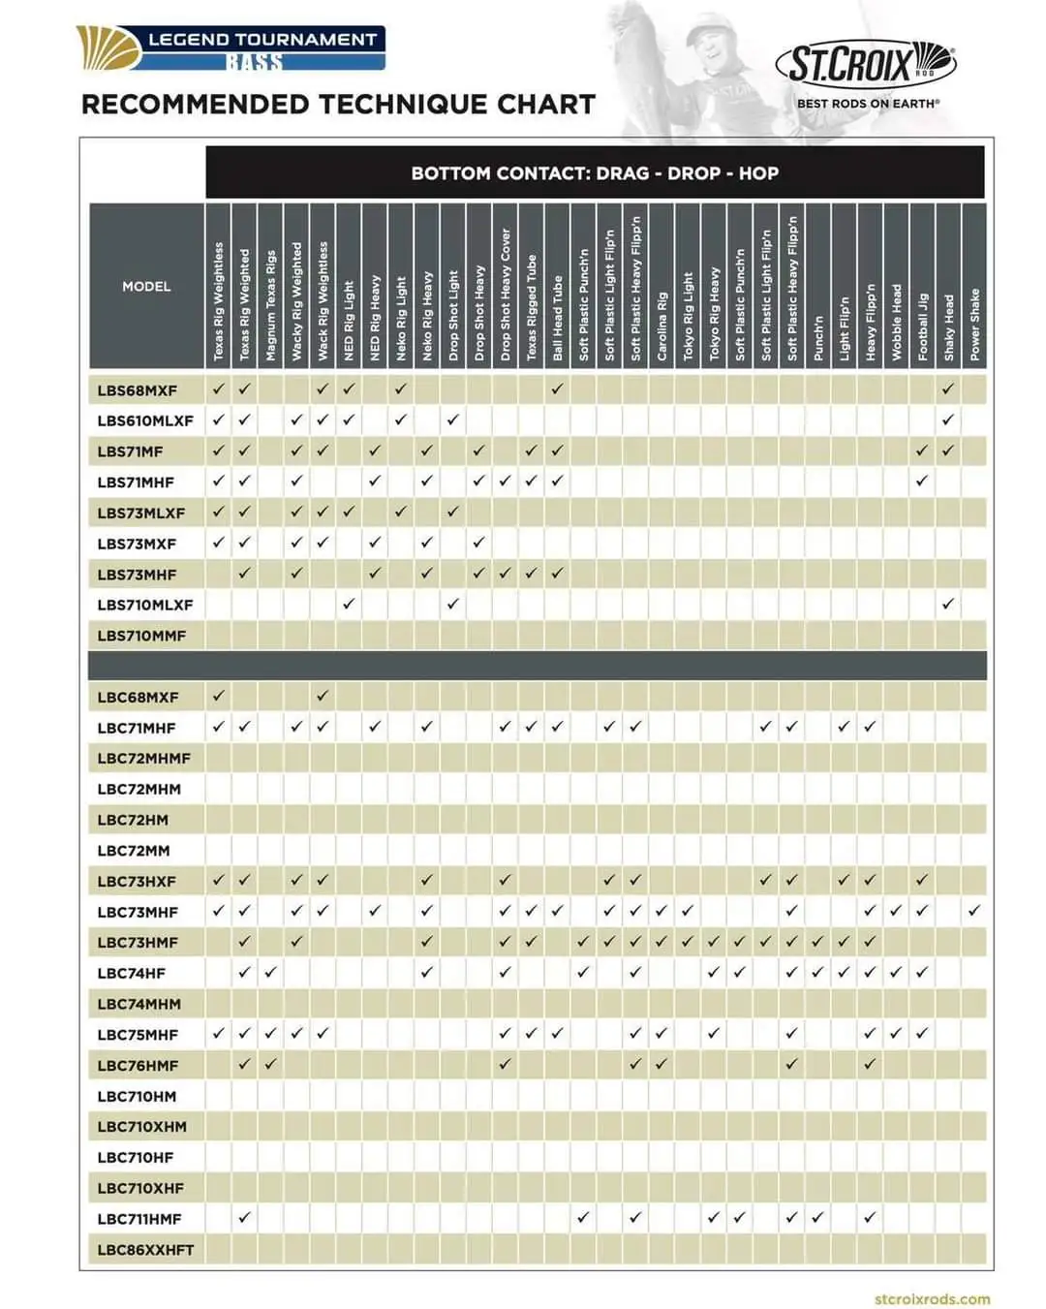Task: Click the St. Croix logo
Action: [x=865, y=65]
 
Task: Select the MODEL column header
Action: [x=146, y=286]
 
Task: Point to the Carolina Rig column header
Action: [x=661, y=327]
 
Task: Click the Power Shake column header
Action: [x=974, y=325]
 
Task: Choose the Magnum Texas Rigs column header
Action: [x=271, y=305]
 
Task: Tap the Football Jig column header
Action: [x=922, y=327]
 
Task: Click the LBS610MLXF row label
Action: [x=145, y=421]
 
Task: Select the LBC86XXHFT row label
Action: [x=145, y=1250]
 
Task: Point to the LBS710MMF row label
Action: [x=141, y=636]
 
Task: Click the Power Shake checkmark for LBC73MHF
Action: [x=974, y=911]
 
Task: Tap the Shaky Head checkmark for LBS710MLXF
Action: [x=948, y=604]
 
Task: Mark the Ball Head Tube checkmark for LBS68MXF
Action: [x=557, y=390]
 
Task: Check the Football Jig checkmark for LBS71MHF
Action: [x=922, y=481]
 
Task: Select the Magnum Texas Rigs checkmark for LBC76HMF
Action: [x=270, y=1064]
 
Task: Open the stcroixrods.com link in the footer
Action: [x=932, y=1298]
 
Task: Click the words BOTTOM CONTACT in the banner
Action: [x=481, y=173]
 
